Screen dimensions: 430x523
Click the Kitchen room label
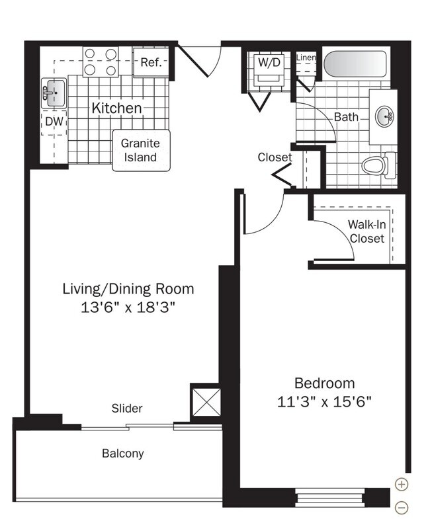(x=116, y=108)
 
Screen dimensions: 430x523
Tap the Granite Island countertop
(x=141, y=151)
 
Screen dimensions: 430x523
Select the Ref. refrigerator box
(x=151, y=62)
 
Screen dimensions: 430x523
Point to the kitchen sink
(x=54, y=93)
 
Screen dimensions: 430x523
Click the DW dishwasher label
(x=54, y=122)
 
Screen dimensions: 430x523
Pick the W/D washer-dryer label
(x=269, y=62)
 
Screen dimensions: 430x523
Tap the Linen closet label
(x=306, y=58)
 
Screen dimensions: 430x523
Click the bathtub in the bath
(x=355, y=63)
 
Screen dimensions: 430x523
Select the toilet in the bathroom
(x=379, y=165)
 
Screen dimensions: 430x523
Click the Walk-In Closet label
(x=367, y=231)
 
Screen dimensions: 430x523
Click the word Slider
(x=127, y=408)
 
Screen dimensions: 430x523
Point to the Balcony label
(x=123, y=454)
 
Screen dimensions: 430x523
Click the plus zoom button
(x=402, y=484)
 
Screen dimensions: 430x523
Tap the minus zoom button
(x=402, y=507)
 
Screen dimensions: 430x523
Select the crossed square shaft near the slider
(x=206, y=402)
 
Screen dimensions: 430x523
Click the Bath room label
(x=346, y=117)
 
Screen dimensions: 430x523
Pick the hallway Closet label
(x=275, y=157)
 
